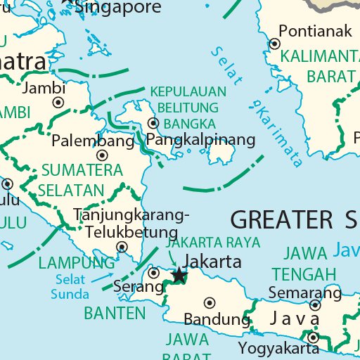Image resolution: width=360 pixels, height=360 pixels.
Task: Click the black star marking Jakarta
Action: pyautogui.click(x=179, y=275)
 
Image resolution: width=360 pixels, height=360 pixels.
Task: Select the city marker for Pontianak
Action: pyautogui.click(x=274, y=44)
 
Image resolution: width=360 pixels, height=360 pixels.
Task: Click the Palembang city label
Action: pyautogui.click(x=93, y=141)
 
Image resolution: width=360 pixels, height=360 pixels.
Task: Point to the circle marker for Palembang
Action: pyautogui.click(x=102, y=155)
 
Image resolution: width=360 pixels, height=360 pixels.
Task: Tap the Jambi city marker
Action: pyautogui.click(x=58, y=103)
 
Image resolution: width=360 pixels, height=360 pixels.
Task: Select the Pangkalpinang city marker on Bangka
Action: pyautogui.click(x=154, y=123)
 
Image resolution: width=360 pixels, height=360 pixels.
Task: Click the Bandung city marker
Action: pyautogui.click(x=209, y=303)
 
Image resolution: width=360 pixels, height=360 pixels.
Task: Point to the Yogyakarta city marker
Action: pyautogui.click(x=313, y=337)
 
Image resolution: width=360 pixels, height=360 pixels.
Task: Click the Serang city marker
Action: pyautogui.click(x=155, y=273)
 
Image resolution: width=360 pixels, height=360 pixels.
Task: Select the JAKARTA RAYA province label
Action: pyautogui.click(x=212, y=242)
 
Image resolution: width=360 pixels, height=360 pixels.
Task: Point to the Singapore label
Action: pyautogui.click(x=117, y=7)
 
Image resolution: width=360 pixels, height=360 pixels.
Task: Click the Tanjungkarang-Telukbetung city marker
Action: pyautogui.click(x=122, y=247)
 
